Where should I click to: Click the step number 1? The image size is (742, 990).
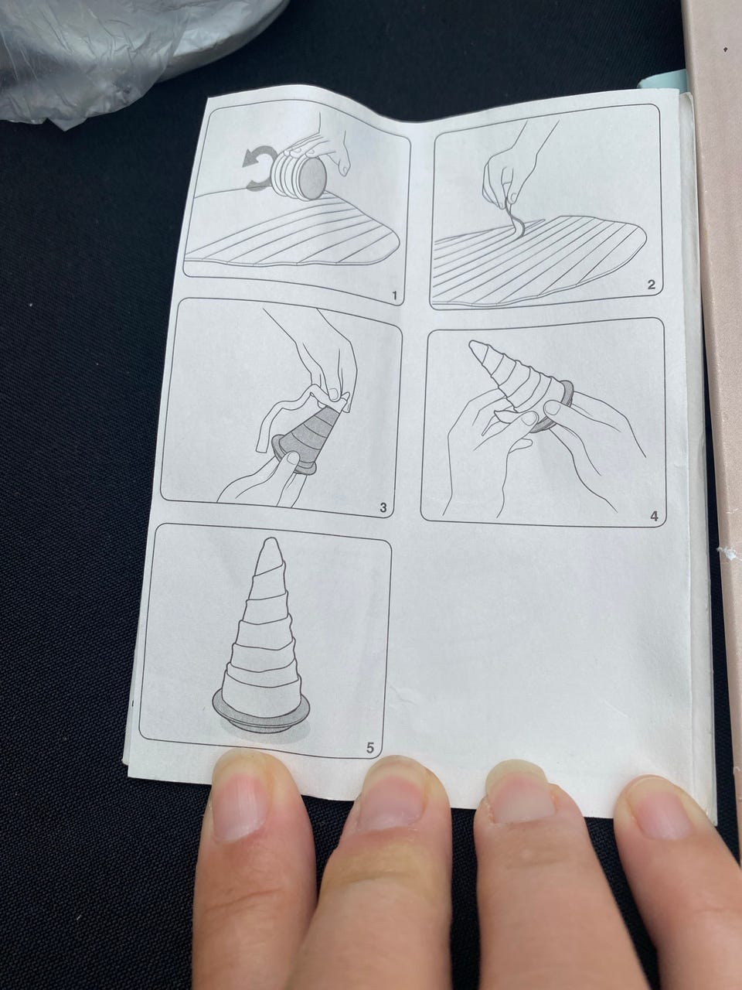395,296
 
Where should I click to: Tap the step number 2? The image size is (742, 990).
651,285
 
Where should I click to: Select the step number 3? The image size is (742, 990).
383,507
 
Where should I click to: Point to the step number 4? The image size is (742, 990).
654,516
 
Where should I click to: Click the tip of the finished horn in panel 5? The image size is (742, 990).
271,540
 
